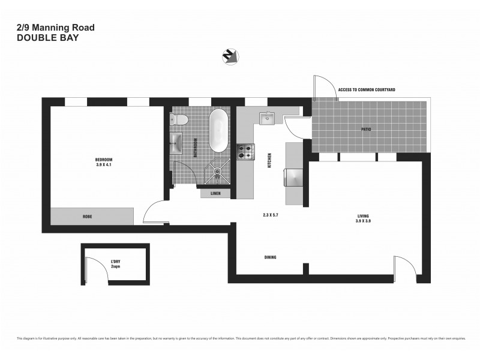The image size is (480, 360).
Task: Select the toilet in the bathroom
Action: (x=181, y=120)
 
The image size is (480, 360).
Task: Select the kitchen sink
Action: (x=266, y=118)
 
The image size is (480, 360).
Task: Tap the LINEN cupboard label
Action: (x=215, y=194)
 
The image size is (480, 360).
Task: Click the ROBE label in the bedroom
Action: (x=88, y=216)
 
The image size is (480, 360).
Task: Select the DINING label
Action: (x=270, y=257)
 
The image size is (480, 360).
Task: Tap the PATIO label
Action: (x=365, y=129)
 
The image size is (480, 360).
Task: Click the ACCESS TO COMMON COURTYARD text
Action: (x=366, y=89)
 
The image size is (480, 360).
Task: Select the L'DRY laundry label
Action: (x=115, y=261)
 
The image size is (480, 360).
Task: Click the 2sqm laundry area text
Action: (x=115, y=266)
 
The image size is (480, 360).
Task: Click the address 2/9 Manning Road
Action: (x=55, y=27)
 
